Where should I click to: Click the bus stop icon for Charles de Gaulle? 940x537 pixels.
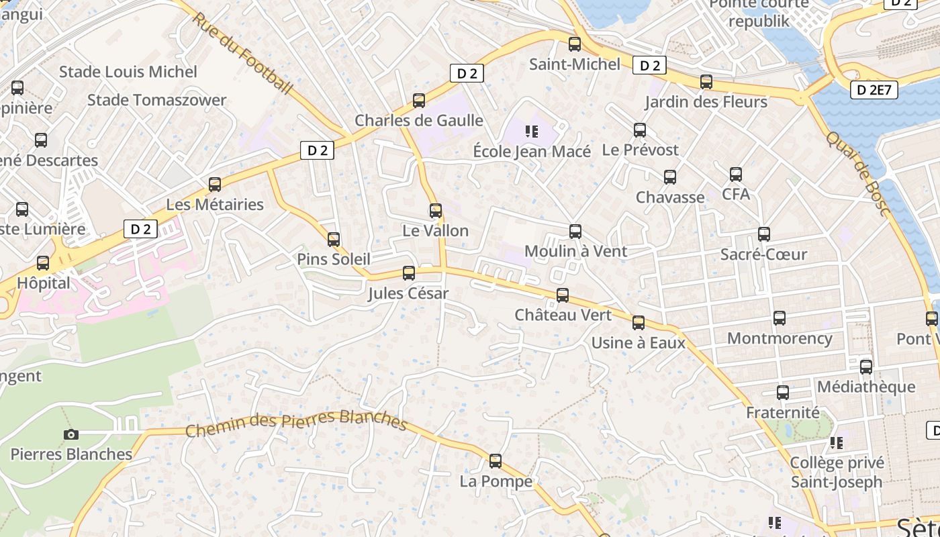point(419,101)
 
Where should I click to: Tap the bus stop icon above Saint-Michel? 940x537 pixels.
point(575,44)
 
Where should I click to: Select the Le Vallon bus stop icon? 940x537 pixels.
point(436,211)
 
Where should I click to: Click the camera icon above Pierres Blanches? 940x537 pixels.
point(70,434)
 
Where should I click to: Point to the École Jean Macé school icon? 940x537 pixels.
point(532,132)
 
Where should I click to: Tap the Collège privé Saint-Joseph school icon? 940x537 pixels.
point(836,443)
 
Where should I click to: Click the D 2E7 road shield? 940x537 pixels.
point(874,90)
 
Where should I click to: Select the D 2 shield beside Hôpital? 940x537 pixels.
point(140,229)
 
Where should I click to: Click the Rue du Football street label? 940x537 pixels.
point(243,53)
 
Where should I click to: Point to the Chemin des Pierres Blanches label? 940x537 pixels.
point(296,422)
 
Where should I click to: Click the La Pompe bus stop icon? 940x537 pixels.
point(496,461)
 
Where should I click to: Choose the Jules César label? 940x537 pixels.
point(408,293)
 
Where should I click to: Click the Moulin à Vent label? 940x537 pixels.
point(575,251)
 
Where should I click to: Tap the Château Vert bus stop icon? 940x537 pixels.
point(563,295)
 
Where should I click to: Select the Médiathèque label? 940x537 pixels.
point(865,387)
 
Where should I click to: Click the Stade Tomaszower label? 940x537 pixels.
point(157,100)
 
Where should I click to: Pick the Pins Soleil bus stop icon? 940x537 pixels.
point(334,240)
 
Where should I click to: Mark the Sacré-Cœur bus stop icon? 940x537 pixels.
point(763,234)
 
